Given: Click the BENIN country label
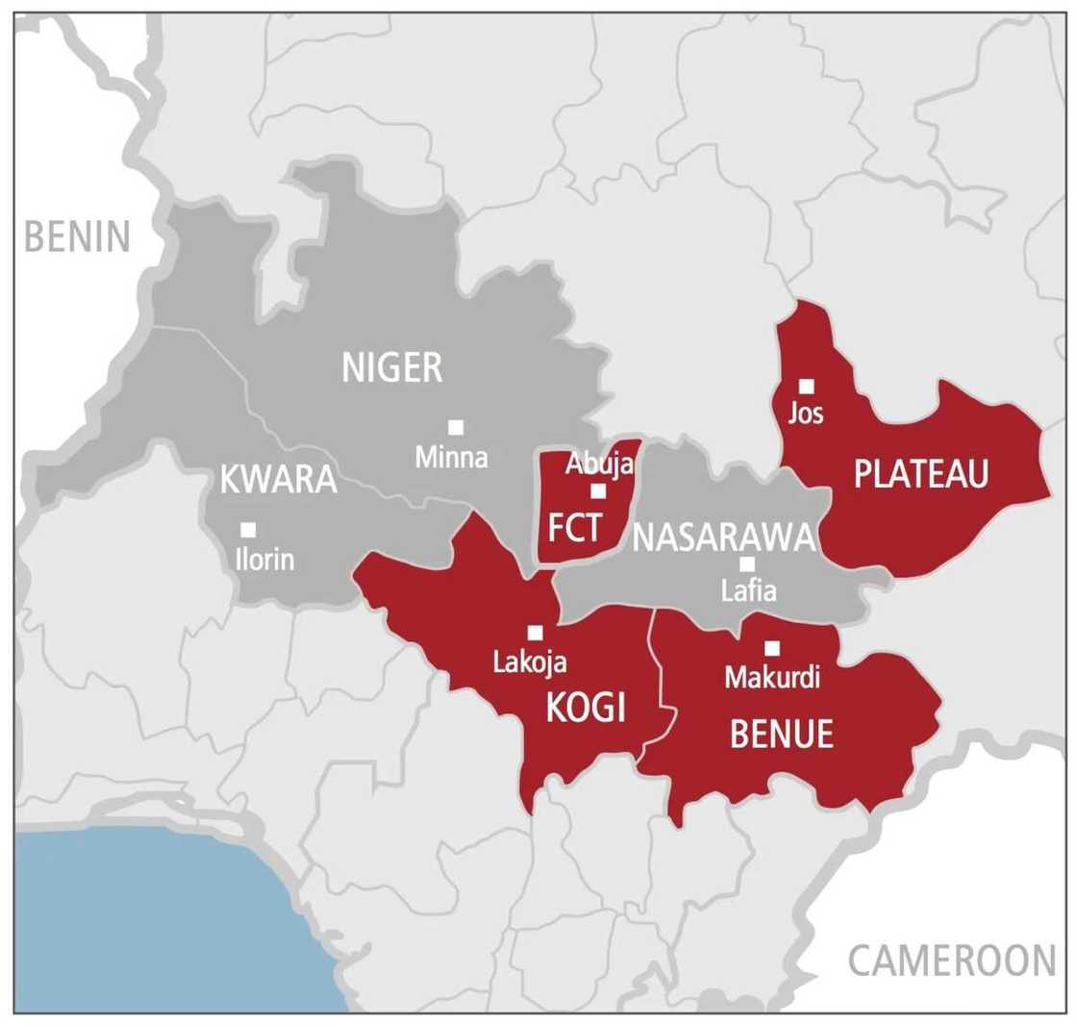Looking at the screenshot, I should [x=77, y=237].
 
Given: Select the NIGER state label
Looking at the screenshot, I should [x=392, y=367].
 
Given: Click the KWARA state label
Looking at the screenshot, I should [x=279, y=480].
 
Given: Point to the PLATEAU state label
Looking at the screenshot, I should [x=921, y=474].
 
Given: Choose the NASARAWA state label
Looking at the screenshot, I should [x=723, y=539].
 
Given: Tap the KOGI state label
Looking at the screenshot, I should [x=586, y=710].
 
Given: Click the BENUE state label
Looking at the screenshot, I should [x=781, y=736].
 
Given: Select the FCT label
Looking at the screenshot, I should [x=574, y=528].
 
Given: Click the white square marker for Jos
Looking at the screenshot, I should [x=807, y=387].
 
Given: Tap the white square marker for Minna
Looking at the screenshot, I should [x=456, y=427].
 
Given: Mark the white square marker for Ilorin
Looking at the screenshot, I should [x=248, y=529].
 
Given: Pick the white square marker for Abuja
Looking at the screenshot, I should [x=598, y=491].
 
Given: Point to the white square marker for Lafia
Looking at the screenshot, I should [x=747, y=564].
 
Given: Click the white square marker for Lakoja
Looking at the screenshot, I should [x=536, y=633].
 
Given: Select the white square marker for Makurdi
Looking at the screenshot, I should [x=771, y=649].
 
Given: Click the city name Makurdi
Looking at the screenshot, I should [x=772, y=678].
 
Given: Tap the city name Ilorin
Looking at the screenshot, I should [x=264, y=559].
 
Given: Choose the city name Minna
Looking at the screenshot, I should [x=451, y=458].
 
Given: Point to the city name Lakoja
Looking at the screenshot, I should [x=530, y=663].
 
